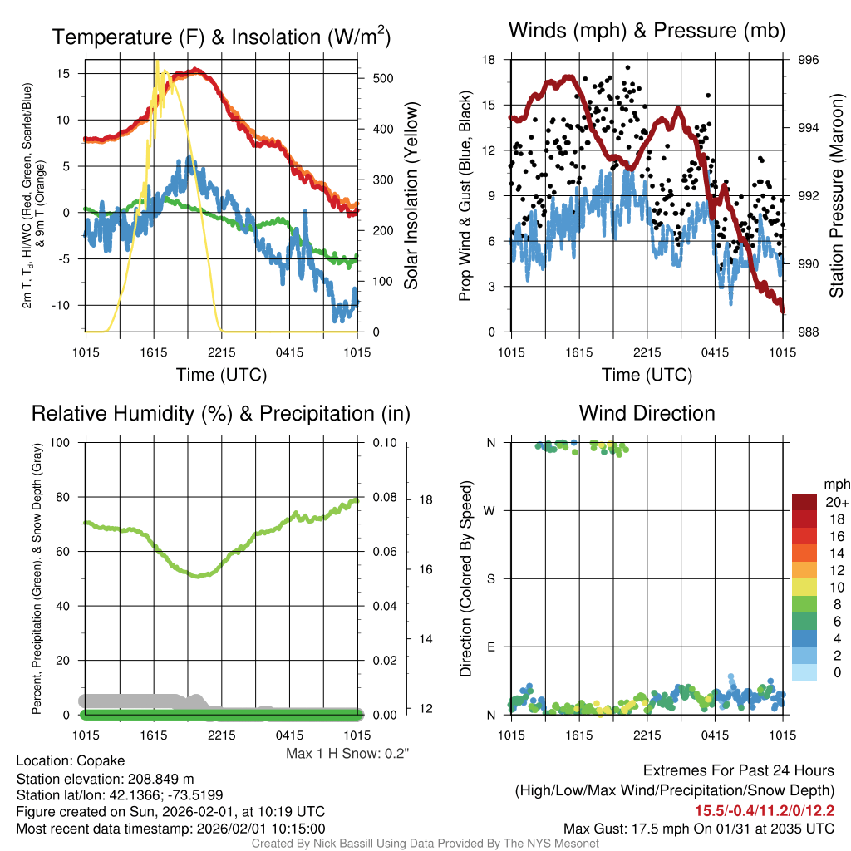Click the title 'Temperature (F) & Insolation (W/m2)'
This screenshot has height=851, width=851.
coord(221,37)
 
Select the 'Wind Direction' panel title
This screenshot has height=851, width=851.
coord(647,413)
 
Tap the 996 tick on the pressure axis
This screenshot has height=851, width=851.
coord(809,60)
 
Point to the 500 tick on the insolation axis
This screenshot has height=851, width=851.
coord(381,78)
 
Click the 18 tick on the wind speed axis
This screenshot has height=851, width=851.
coord(489,60)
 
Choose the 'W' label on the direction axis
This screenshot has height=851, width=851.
coord(491,510)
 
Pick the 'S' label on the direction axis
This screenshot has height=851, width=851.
coord(491,578)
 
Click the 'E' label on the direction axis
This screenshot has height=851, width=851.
coord(491,647)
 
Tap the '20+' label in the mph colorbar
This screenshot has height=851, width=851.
coord(836,503)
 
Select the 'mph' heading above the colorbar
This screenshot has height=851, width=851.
coord(835,485)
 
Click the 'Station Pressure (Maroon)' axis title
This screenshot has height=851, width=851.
coord(837,196)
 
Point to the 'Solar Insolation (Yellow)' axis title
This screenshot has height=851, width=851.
coord(411,196)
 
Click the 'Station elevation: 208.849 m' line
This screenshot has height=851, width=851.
coord(105,779)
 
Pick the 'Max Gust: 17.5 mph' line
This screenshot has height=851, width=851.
coord(699,828)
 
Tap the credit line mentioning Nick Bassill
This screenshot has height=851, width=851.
coord(425,844)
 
